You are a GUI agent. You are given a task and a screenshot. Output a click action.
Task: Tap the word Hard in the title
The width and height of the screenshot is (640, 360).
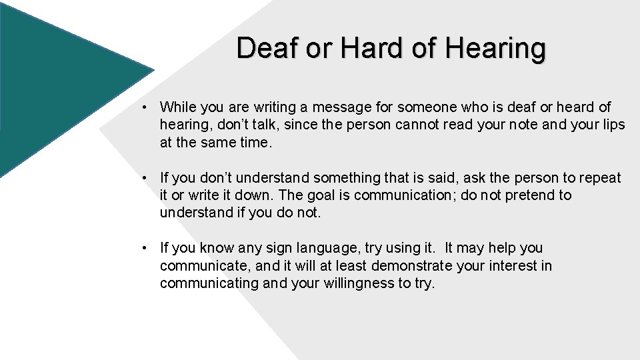[362, 48]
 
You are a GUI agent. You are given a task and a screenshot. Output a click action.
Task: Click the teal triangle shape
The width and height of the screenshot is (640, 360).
[60, 87]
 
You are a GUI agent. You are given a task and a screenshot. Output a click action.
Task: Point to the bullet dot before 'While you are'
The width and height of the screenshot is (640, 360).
[144, 107]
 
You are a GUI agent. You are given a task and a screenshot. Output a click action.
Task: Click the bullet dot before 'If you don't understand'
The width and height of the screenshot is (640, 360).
[144, 178]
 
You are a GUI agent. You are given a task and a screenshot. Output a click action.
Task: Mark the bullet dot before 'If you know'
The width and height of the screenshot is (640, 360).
[144, 249]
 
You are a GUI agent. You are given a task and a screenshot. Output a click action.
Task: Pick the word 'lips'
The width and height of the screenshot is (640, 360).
[611, 124]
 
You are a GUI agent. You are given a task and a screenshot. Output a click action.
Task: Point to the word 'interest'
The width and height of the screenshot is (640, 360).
[516, 266]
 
